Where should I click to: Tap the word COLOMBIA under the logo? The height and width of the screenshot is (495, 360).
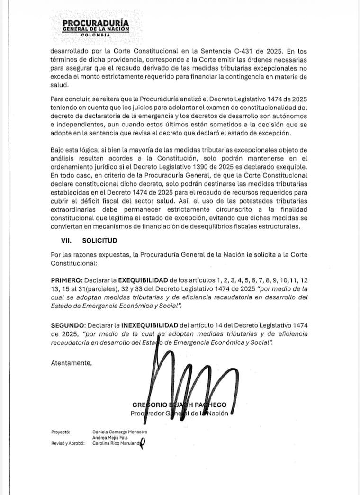(x=95, y=35)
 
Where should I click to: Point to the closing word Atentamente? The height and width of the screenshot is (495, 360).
(x=71, y=363)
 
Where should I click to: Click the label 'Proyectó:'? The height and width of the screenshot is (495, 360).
(x=61, y=432)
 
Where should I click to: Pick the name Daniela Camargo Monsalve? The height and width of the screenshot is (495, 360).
(x=120, y=432)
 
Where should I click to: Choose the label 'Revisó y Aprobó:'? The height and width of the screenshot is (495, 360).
(x=68, y=444)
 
